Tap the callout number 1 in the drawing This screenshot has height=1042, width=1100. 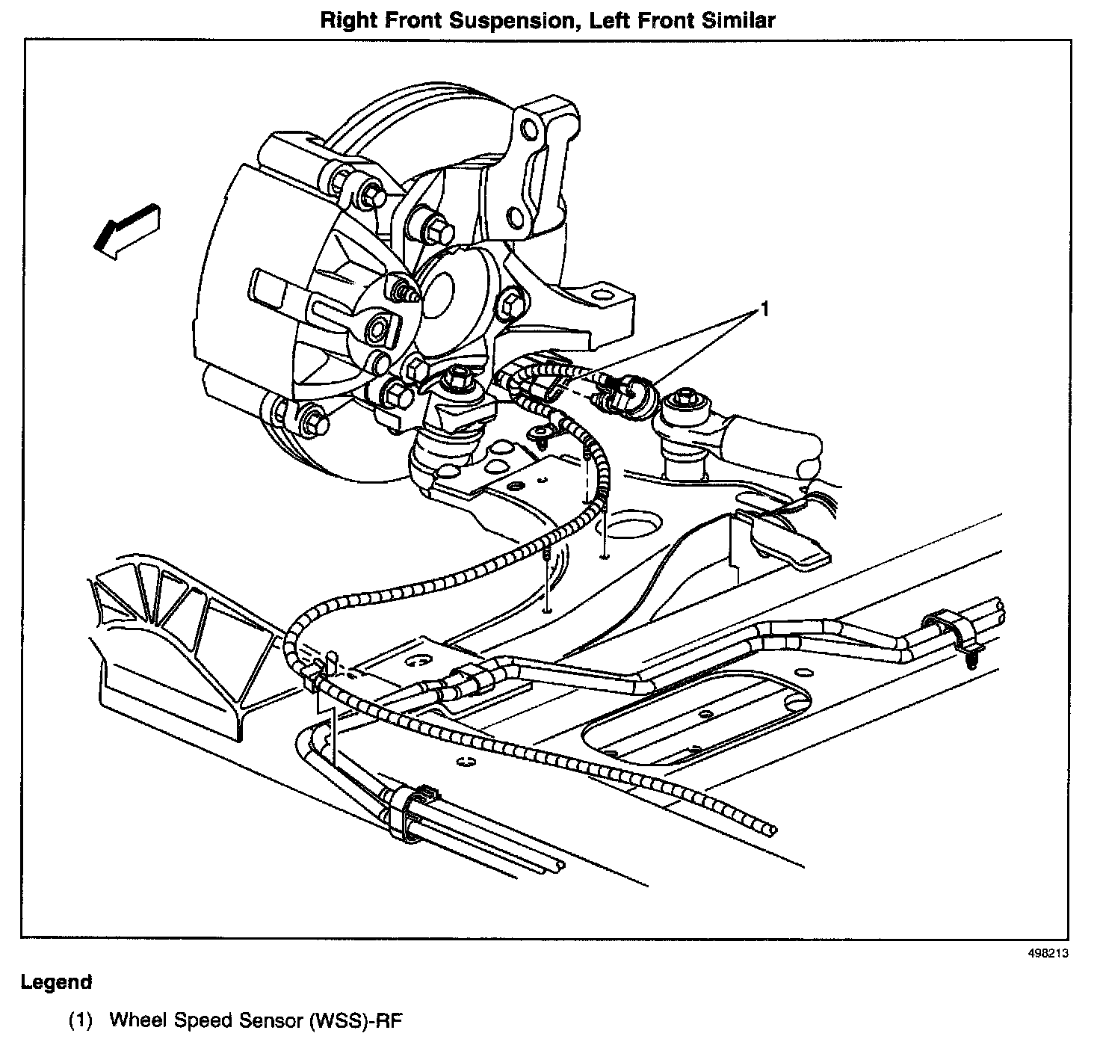[x=763, y=308]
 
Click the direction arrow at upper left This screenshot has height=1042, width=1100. [x=127, y=231]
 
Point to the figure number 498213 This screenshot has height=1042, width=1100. [x=1048, y=954]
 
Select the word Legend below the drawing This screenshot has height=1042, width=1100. [x=56, y=982]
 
